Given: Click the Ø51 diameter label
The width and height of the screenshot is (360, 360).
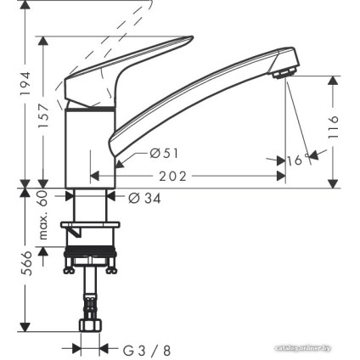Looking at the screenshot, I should pyautogui.click(x=161, y=154).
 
